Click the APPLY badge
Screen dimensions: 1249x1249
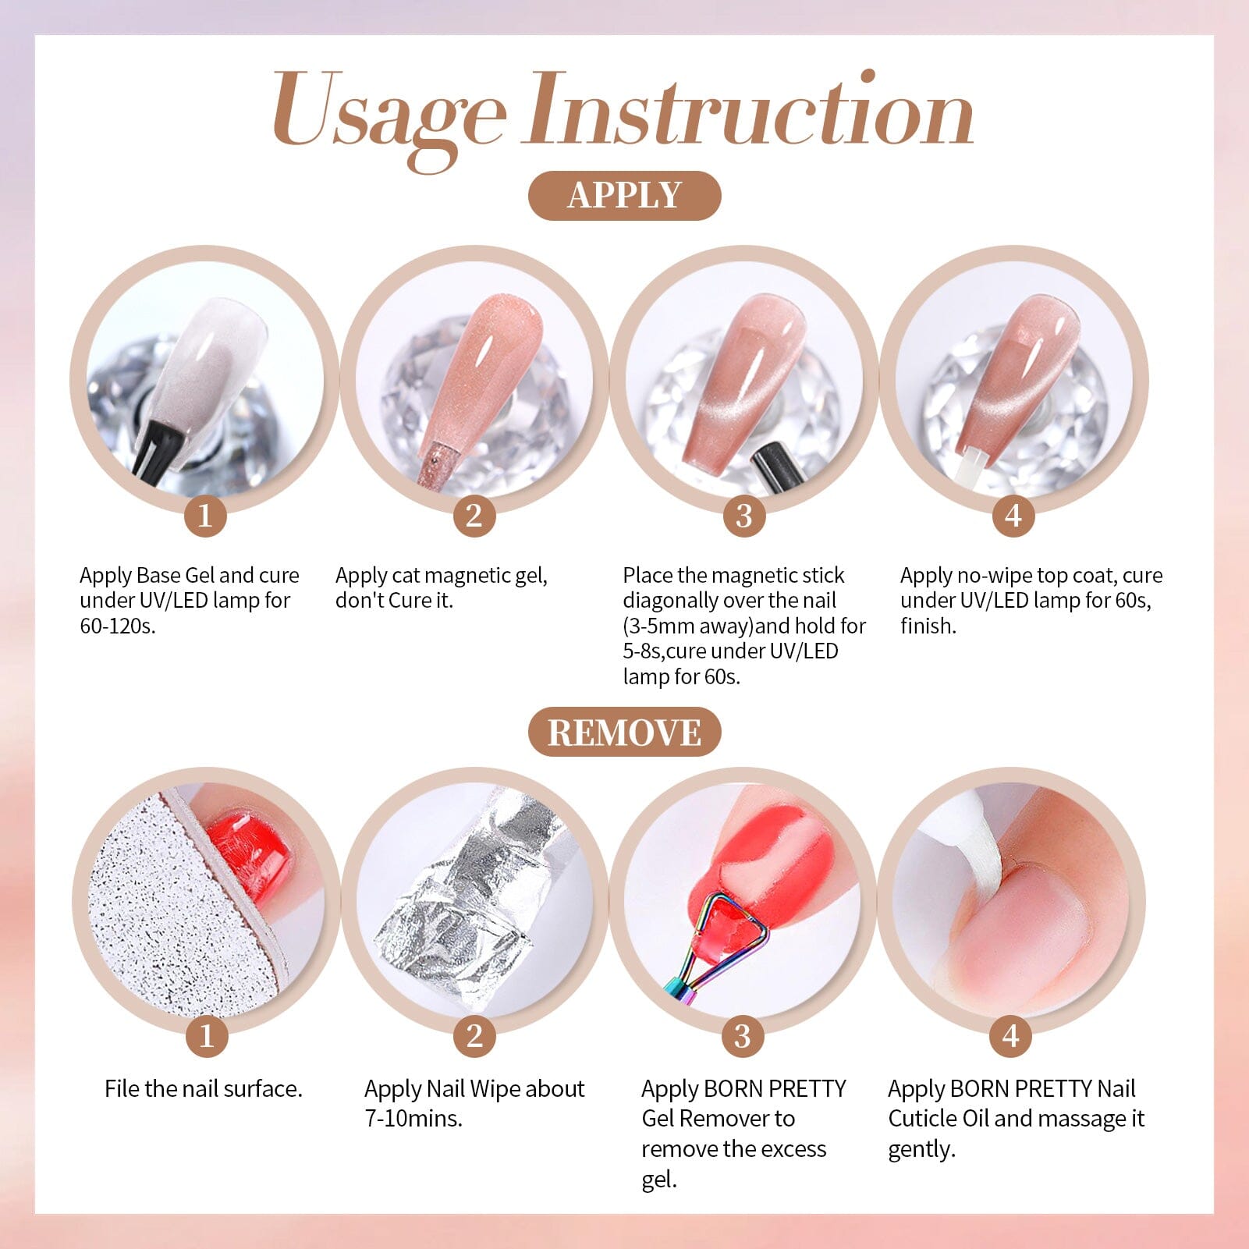click(x=624, y=196)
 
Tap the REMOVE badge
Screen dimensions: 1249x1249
click(x=624, y=733)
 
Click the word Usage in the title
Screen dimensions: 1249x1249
click(x=388, y=113)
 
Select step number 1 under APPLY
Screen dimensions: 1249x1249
click(x=205, y=516)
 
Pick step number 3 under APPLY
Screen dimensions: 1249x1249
click(x=743, y=516)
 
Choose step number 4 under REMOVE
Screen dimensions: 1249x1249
click(x=1011, y=1036)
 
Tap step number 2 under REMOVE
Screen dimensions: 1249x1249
click(x=474, y=1036)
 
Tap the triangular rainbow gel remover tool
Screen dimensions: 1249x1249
click(x=722, y=936)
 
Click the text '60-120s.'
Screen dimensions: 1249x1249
click(x=118, y=626)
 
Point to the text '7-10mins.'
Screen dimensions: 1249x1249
click(x=413, y=1119)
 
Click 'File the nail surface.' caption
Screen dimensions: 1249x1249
click(x=204, y=1089)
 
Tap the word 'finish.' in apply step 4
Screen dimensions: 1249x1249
click(x=928, y=626)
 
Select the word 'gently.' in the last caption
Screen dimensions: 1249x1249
click(x=921, y=1149)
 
